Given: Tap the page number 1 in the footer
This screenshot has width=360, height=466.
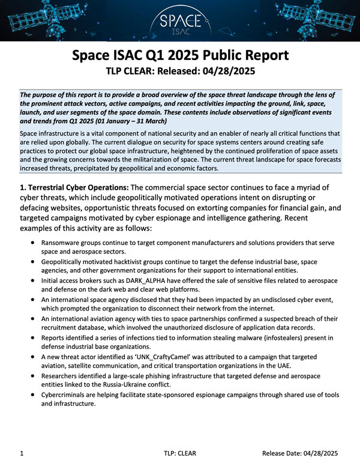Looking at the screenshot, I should pyautogui.click(x=22, y=453).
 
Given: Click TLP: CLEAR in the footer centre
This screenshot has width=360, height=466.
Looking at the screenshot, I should pyautogui.click(x=179, y=453).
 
